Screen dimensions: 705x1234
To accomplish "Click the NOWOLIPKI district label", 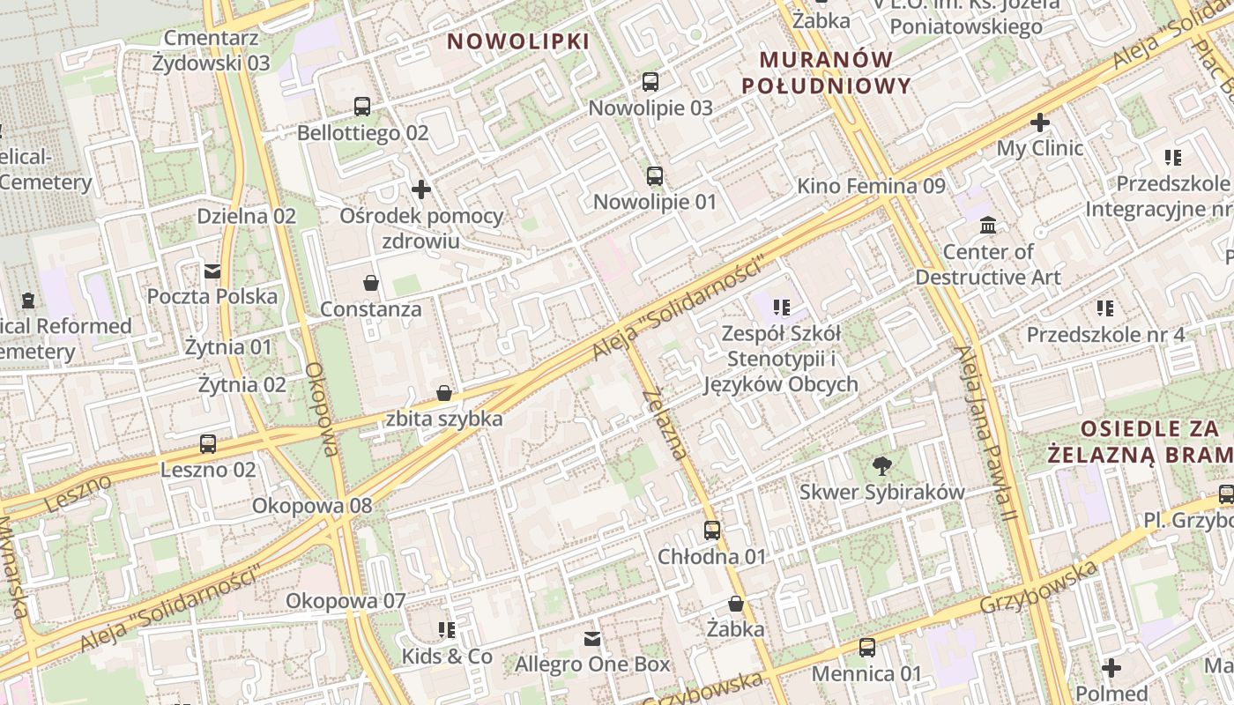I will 517,41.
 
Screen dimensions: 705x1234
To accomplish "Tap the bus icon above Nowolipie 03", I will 650,82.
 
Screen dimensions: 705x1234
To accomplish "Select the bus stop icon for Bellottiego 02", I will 362,107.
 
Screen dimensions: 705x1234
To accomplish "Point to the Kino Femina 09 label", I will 871,186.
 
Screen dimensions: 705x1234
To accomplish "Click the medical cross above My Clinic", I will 1040,122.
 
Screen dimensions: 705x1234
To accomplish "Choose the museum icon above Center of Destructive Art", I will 988,226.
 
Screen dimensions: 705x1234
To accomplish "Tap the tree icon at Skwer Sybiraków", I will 881,466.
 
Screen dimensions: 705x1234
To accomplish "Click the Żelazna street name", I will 665,424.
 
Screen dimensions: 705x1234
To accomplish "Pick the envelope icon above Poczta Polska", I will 212,271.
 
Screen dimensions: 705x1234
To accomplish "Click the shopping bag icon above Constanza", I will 371,283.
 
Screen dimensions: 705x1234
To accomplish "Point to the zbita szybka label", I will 444,419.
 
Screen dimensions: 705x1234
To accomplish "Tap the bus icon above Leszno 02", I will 208,443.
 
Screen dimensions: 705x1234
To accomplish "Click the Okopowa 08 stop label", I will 312,506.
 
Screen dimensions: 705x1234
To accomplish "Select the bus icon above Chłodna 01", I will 712,531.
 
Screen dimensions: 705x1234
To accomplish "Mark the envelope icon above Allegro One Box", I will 592,638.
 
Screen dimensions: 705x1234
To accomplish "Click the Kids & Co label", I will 447,657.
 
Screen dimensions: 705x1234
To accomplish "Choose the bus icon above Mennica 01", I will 867,648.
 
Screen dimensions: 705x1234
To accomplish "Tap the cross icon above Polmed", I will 1111,667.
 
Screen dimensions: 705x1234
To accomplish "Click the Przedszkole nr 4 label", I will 1105,335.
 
